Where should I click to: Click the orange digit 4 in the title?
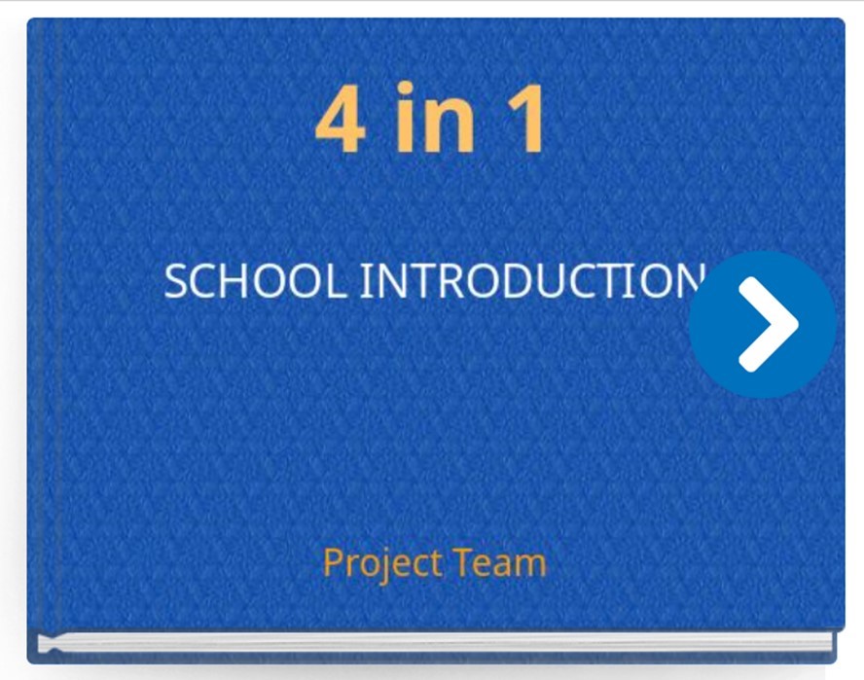click(340, 119)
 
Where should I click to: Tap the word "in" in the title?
click(434, 117)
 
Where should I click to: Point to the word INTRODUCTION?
click(532, 280)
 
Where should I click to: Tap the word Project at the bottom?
click(381, 563)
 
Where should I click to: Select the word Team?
click(499, 562)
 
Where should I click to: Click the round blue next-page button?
click(763, 325)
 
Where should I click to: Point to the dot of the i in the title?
click(405, 89)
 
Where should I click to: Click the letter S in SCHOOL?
click(177, 280)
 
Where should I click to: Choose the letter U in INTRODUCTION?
click(554, 281)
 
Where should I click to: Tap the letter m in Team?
click(529, 566)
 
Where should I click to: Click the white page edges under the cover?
click(434, 643)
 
